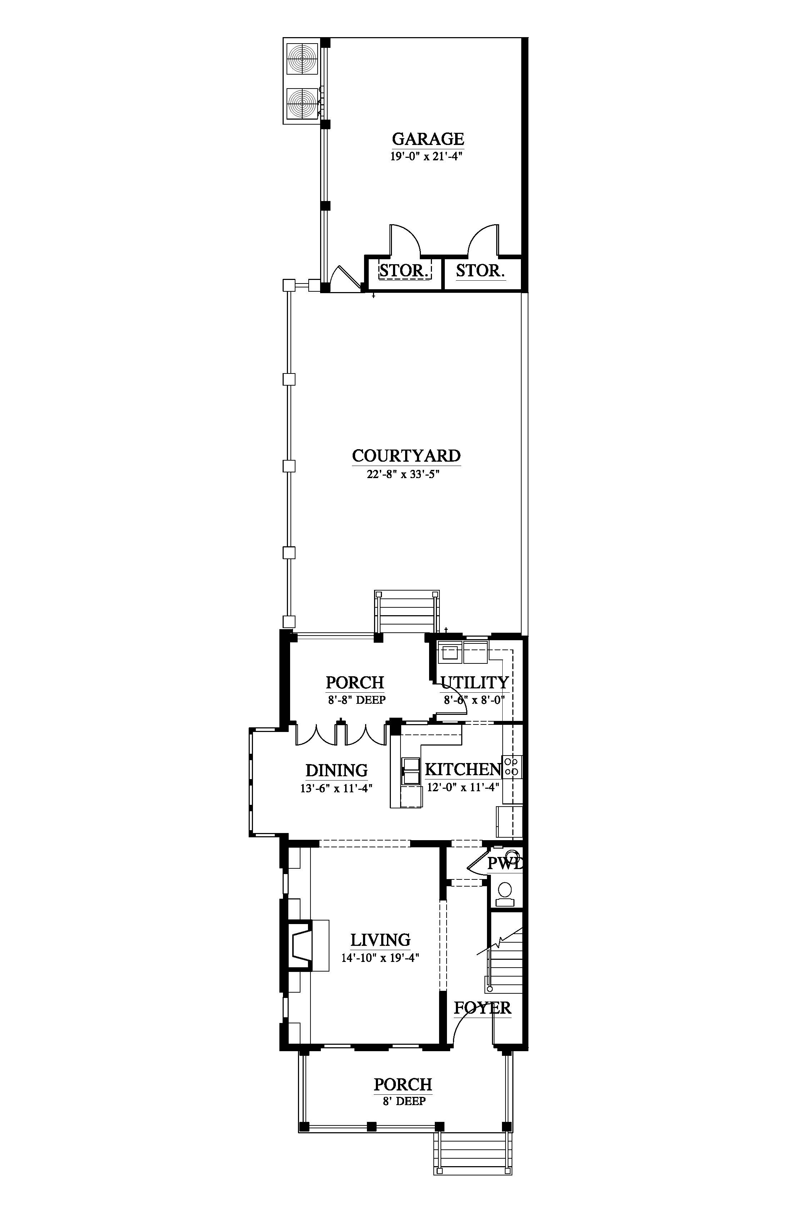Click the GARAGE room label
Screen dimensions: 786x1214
coord(428,139)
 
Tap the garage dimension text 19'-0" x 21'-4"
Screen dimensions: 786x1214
coord(426,156)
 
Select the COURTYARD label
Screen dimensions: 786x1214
coord(406,456)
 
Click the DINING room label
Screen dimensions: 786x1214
coord(336,770)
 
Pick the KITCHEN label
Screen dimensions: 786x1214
coord(463,769)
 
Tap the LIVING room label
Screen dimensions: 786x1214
coord(380,939)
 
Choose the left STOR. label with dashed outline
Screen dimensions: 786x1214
coord(404,270)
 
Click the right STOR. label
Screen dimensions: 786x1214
coord(480,270)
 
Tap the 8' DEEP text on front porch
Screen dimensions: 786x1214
coord(403,1101)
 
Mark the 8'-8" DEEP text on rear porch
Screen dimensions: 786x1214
coord(356,700)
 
